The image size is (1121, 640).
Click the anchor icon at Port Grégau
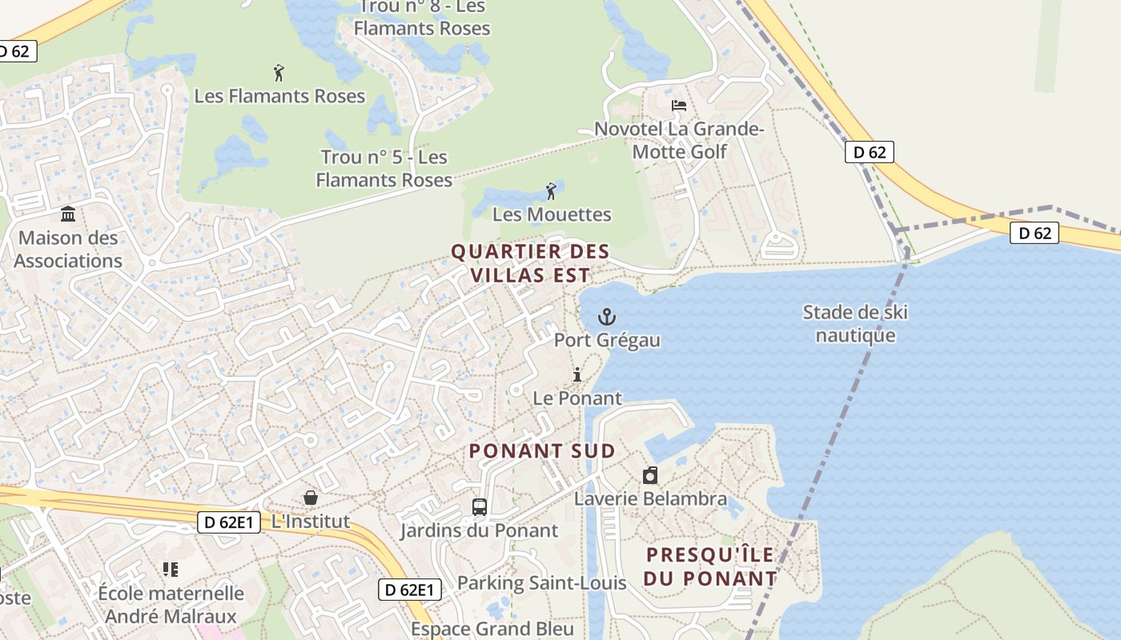pyautogui.click(x=607, y=317)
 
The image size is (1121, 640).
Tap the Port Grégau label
pyautogui.click(x=607, y=340)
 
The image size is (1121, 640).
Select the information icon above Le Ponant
pyautogui.click(x=577, y=374)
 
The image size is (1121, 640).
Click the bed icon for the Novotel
pyautogui.click(x=679, y=106)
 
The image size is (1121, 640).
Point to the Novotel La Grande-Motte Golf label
pyautogui.click(x=679, y=140)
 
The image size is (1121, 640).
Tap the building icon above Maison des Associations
pyautogui.click(x=68, y=214)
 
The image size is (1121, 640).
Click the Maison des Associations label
pyautogui.click(x=68, y=249)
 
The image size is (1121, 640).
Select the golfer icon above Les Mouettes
pyautogui.click(x=551, y=191)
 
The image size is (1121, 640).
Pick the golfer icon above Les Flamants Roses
pyautogui.click(x=279, y=73)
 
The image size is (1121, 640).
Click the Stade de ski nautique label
pyautogui.click(x=855, y=323)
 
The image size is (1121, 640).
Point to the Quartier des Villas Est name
pyautogui.click(x=530, y=263)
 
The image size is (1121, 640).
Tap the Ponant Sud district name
pyautogui.click(x=542, y=450)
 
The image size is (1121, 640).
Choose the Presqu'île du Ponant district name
pyautogui.click(x=711, y=566)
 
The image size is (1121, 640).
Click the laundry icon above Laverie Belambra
pyautogui.click(x=650, y=476)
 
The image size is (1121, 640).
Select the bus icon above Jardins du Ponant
pyautogui.click(x=479, y=507)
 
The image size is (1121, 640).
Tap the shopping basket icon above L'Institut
pyautogui.click(x=311, y=498)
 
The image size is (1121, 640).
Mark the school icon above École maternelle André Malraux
pyautogui.click(x=170, y=570)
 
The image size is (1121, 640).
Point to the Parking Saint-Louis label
pyautogui.click(x=541, y=582)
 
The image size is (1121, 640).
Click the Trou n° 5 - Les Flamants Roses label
pyautogui.click(x=384, y=168)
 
